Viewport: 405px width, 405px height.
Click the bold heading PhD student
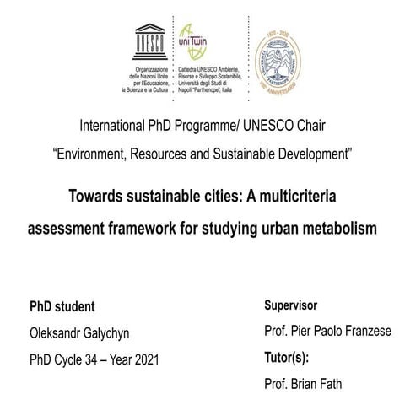click(x=62, y=306)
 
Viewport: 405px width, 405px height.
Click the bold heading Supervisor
click(x=290, y=305)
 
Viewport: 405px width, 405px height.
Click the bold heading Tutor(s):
click(x=287, y=357)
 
